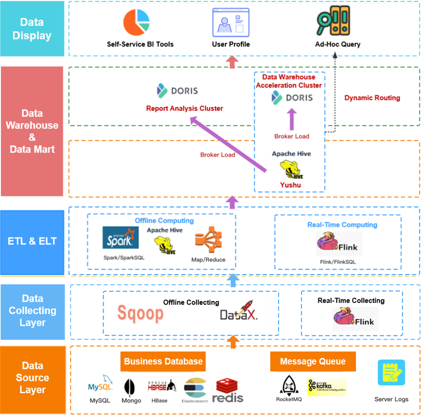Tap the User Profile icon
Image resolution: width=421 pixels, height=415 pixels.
231,22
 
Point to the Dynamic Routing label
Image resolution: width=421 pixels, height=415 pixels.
372,98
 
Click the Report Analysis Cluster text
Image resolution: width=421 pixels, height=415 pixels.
184,108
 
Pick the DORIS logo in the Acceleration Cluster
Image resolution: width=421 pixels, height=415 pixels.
292,97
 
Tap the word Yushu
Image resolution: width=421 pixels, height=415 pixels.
291,185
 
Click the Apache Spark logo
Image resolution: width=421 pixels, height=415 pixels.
121,238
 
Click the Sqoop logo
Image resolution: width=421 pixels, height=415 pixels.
140,313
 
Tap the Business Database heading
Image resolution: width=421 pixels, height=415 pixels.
163,362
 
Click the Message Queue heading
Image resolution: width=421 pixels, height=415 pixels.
312,362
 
